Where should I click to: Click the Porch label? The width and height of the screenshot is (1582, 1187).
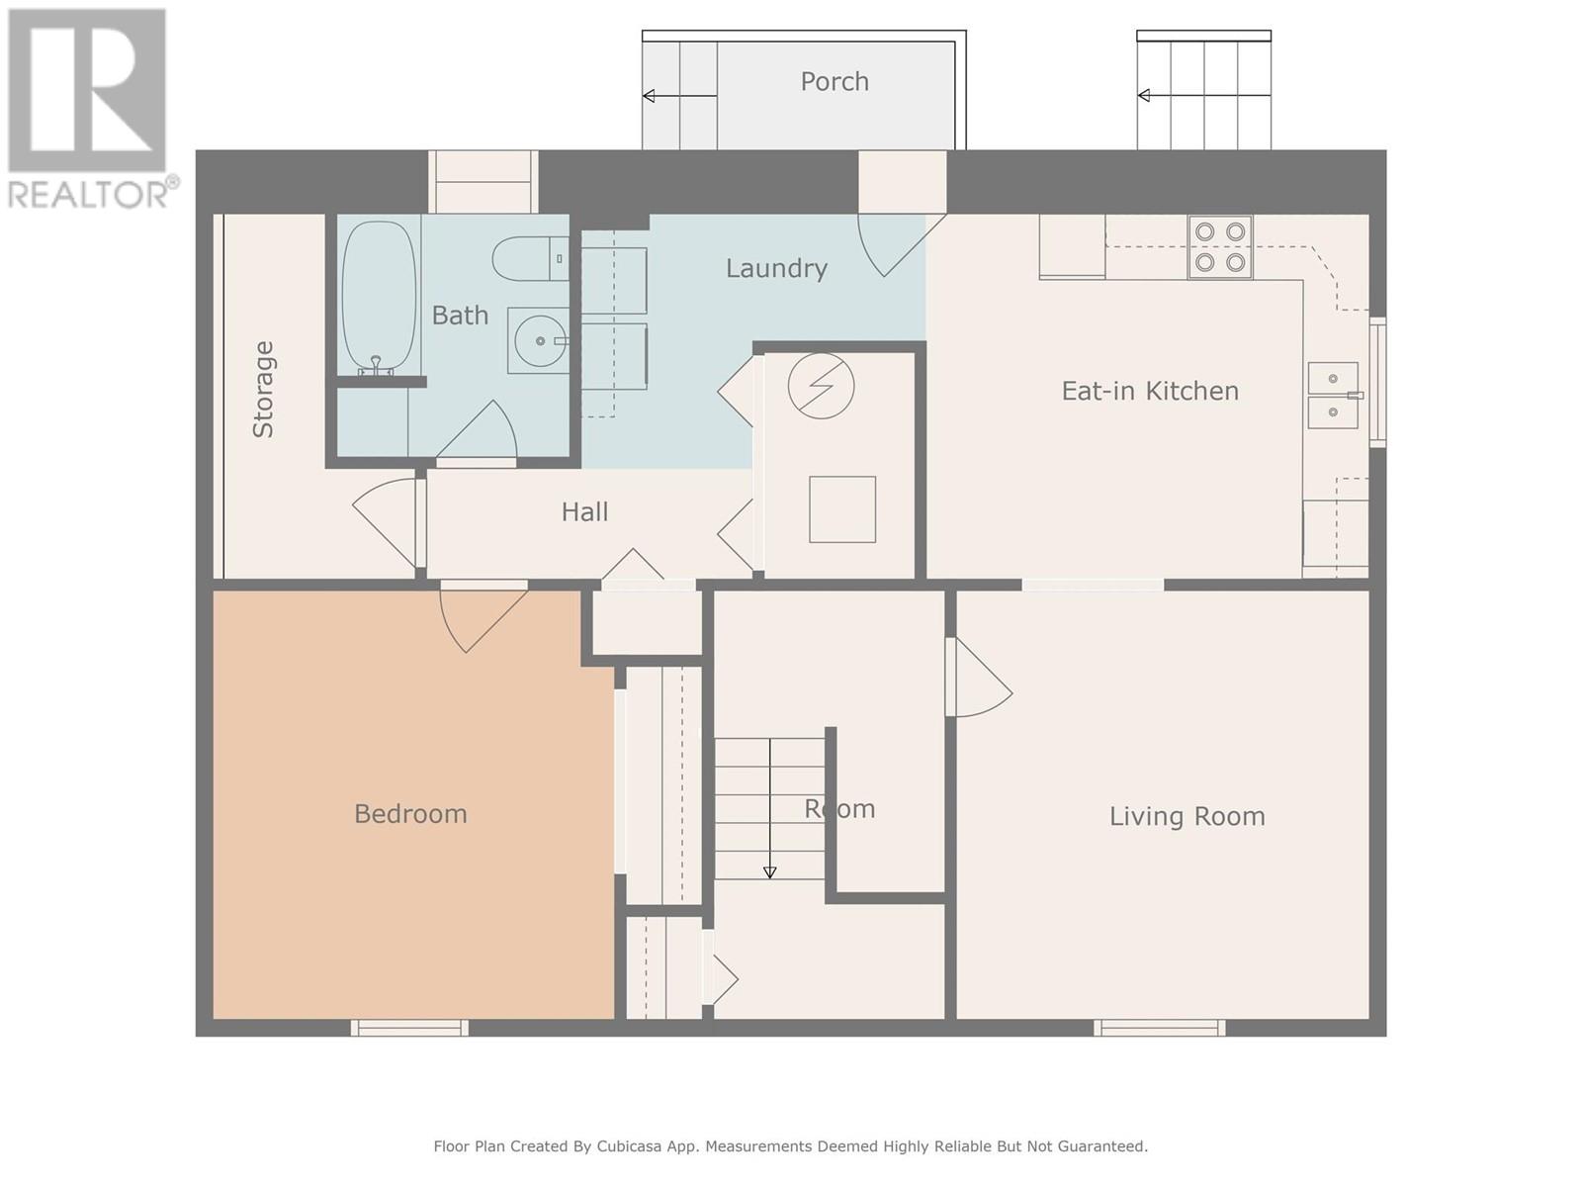point(834,81)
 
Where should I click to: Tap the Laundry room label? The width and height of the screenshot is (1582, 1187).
point(775,269)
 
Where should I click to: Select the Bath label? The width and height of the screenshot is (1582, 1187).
point(460,315)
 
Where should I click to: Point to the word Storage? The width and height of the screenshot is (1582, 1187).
point(262,389)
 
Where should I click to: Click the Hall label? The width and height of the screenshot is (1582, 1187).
point(584,511)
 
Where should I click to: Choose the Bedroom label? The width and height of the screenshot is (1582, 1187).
point(410,814)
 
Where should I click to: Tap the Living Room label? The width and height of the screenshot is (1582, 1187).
point(1186,816)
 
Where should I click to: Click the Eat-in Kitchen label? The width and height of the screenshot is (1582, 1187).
point(1150,391)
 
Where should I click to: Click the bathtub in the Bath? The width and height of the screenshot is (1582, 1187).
point(379,297)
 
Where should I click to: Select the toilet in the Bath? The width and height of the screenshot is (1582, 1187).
point(530,258)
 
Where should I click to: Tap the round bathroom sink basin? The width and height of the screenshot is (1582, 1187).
point(539,341)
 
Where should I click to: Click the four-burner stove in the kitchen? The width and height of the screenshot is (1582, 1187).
point(1219,247)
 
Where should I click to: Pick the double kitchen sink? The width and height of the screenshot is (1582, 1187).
point(1334,396)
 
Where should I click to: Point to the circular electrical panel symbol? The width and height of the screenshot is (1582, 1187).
point(821,386)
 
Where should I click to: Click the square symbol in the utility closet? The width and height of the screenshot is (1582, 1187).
point(841,508)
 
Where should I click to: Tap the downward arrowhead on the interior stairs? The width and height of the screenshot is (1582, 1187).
point(769,872)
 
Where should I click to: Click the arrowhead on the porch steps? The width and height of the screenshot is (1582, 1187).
point(649,95)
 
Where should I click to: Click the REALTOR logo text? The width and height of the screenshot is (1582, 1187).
point(89,194)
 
